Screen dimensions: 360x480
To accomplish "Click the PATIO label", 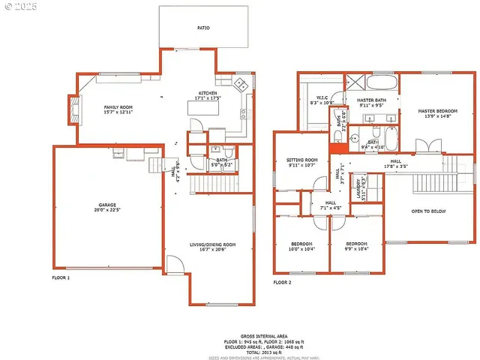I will click(x=203, y=28).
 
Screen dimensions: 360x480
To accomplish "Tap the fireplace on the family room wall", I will click(x=74, y=109).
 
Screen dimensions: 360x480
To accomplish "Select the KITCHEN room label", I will click(x=207, y=93).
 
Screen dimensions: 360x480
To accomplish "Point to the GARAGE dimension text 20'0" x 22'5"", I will click(x=107, y=210).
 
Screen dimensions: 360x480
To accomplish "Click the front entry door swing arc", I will click(x=172, y=265).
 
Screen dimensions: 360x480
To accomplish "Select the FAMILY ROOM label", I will click(x=118, y=107).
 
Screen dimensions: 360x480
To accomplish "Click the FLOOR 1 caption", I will click(x=60, y=277).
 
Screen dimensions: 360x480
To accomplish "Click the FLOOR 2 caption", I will click(x=282, y=282).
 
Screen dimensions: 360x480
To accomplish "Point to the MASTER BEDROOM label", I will click(x=436, y=110).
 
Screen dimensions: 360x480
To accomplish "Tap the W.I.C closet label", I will click(x=323, y=97).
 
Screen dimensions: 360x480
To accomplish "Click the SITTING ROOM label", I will click(x=302, y=160).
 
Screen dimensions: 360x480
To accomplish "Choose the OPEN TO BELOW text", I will click(x=428, y=211).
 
